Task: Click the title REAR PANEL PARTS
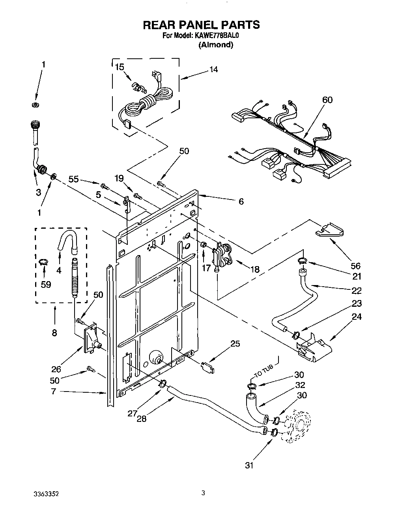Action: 201,25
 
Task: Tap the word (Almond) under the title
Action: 215,45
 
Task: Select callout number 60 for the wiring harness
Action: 327,100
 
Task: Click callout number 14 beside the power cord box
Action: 213,69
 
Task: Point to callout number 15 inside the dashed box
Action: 119,67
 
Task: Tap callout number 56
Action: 355,266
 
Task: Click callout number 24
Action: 356,317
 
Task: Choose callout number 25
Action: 235,343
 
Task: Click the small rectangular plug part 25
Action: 208,367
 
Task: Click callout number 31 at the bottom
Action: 249,465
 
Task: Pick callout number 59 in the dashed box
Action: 46,284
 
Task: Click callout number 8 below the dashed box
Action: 54,333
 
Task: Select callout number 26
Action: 56,369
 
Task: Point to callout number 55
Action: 73,179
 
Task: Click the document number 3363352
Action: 47,494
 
